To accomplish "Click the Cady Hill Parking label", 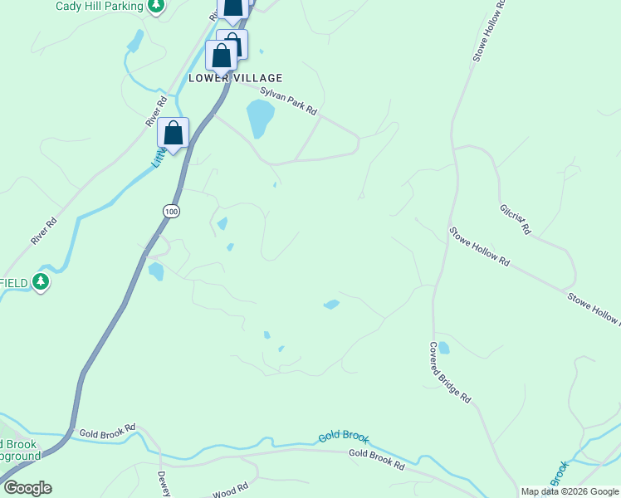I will (x=100, y=6).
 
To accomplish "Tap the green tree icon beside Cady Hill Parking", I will (x=155, y=6).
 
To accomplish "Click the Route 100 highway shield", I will (x=171, y=212).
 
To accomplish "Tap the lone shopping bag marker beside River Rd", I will (x=173, y=133).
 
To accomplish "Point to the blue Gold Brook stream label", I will (x=343, y=437).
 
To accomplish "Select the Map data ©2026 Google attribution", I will (x=570, y=491).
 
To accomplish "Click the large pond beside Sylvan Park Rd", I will (x=259, y=119).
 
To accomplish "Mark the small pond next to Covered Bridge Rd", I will (x=443, y=348).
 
